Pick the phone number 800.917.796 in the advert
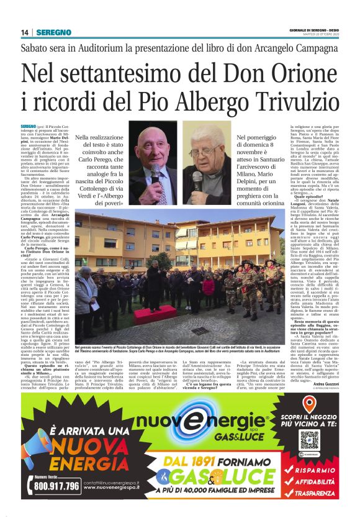56,485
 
